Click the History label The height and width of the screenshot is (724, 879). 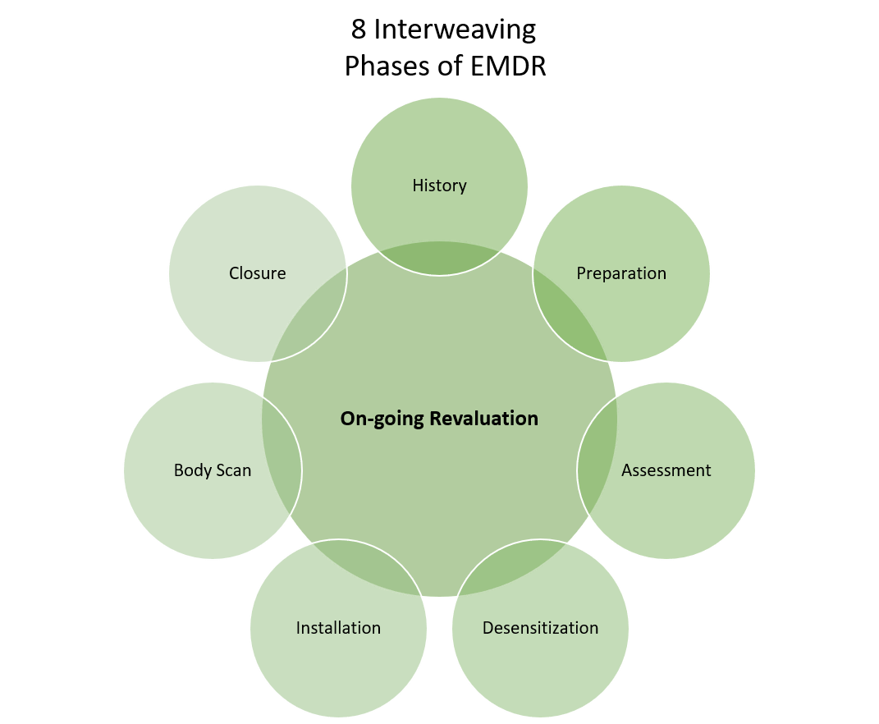point(439,186)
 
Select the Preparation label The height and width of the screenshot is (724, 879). point(621,273)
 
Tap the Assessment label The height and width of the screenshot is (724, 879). point(666,470)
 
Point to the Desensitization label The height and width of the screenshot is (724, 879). point(540,628)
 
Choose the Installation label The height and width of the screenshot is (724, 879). point(338,628)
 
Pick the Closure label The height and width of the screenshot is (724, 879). point(257,273)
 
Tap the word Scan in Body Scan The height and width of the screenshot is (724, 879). point(233,470)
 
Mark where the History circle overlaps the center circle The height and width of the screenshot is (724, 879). point(439,258)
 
